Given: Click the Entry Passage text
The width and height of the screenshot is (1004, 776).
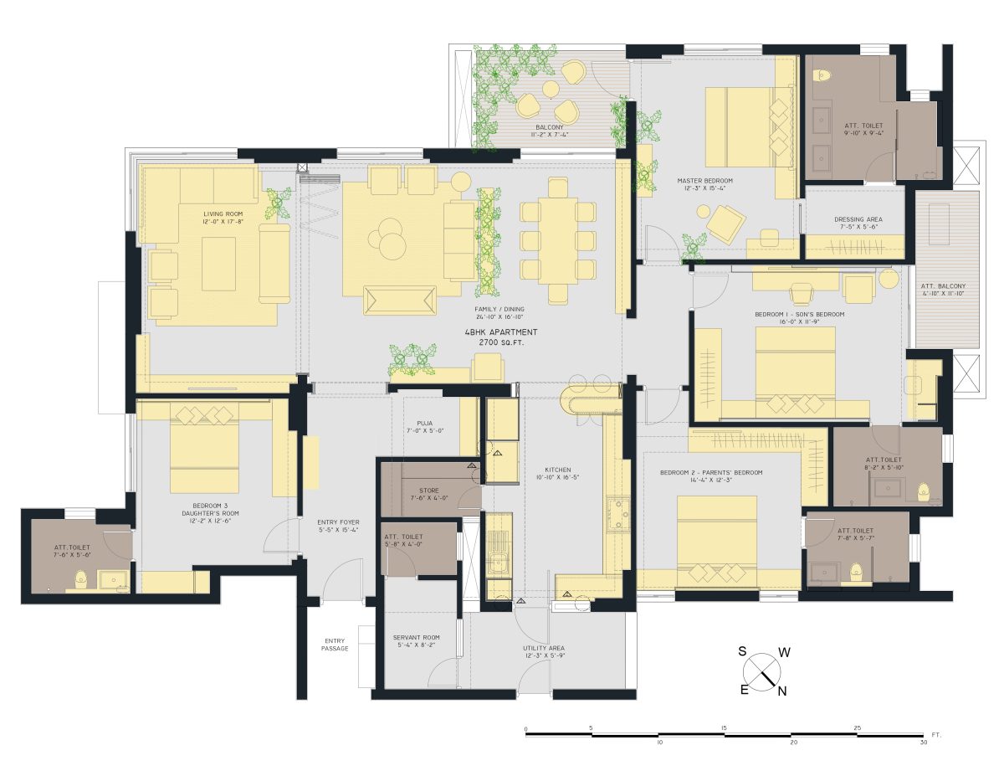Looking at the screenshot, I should pos(335,645).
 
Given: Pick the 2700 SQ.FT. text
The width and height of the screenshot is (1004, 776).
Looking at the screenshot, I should pos(500,343).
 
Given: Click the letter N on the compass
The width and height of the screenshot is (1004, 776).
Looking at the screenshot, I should pos(782,691).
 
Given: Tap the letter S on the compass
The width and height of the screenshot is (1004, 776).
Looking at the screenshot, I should pos(741,650).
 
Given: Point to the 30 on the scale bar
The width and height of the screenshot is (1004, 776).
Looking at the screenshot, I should pos(924,743).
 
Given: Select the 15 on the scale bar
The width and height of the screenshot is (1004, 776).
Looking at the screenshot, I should pos(725,728).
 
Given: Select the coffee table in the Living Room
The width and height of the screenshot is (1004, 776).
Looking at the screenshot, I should pos(218,264).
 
